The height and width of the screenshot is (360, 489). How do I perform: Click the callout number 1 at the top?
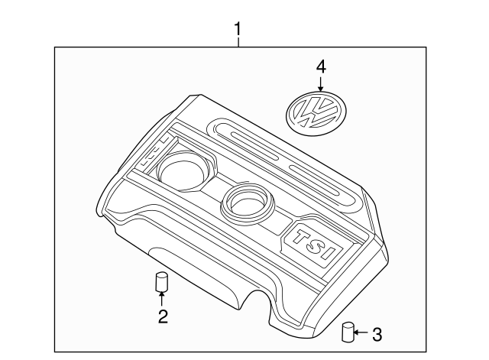238,30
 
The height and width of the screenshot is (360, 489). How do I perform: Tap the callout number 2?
162,315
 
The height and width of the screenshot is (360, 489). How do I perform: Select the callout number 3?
377,334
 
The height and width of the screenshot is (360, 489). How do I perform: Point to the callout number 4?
321,67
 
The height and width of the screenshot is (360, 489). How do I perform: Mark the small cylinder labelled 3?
347,333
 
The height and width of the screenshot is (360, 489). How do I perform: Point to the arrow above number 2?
162,299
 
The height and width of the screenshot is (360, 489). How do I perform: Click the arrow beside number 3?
362,333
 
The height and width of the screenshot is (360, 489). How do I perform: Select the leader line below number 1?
238,43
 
